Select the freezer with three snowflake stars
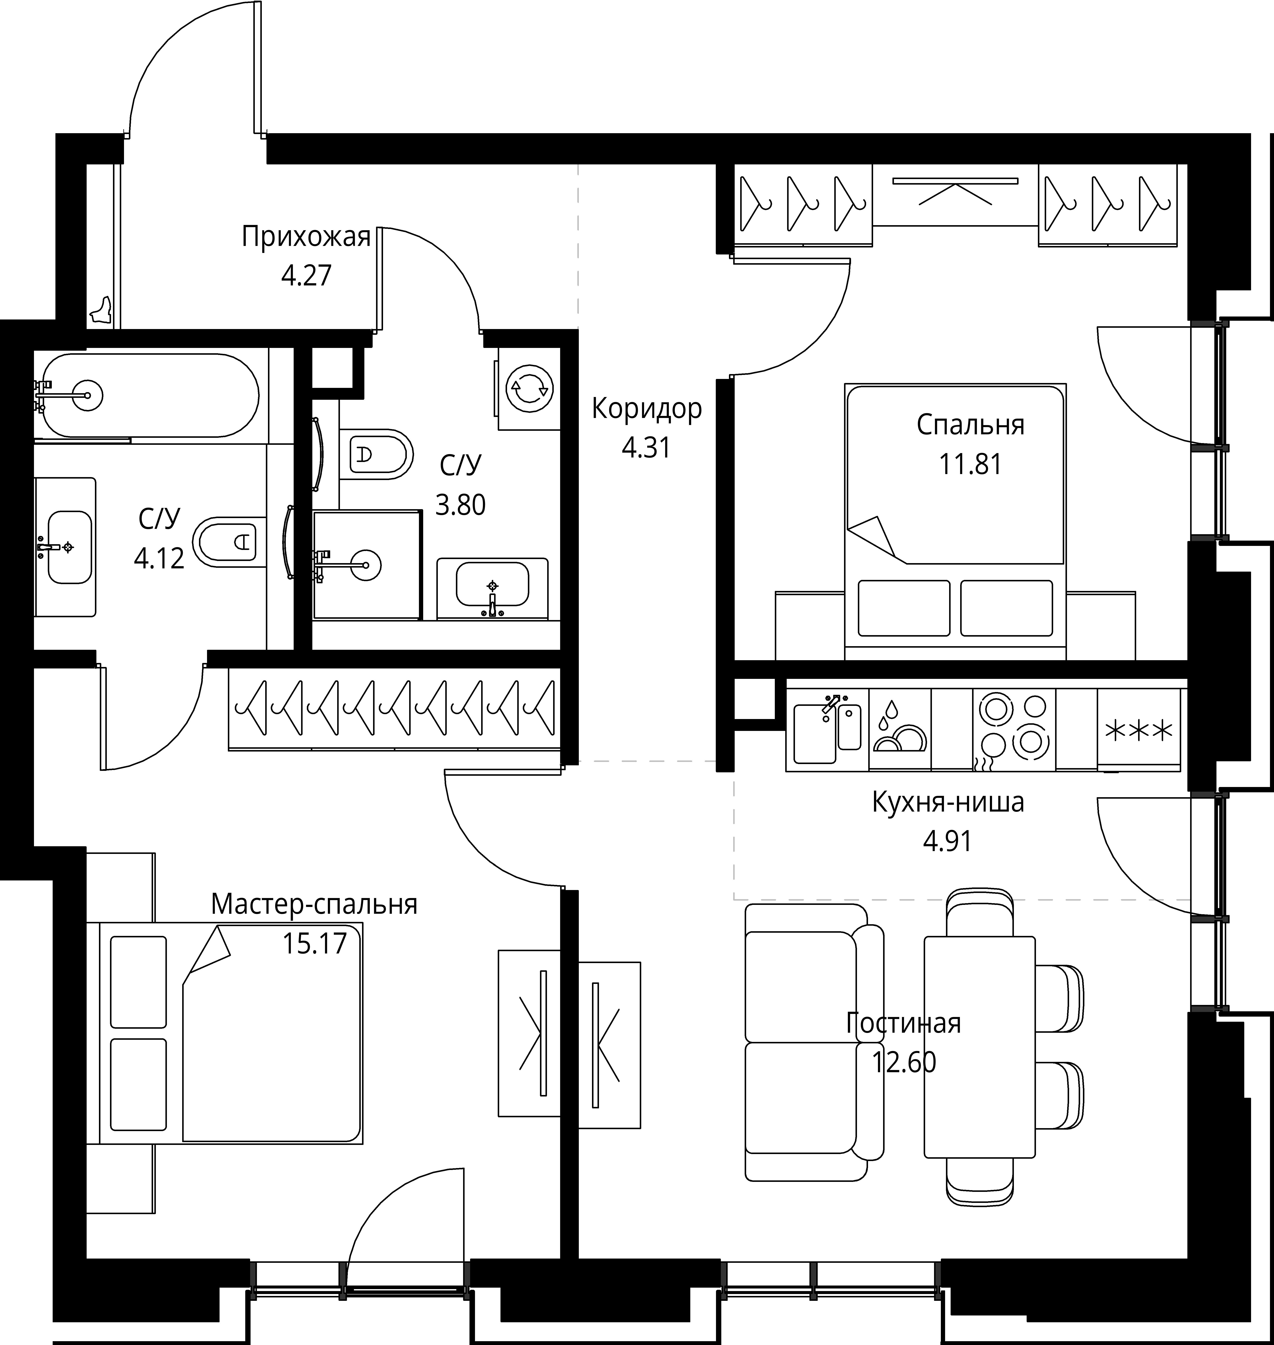[x=1139, y=730]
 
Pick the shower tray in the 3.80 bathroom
[x=367, y=565]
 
